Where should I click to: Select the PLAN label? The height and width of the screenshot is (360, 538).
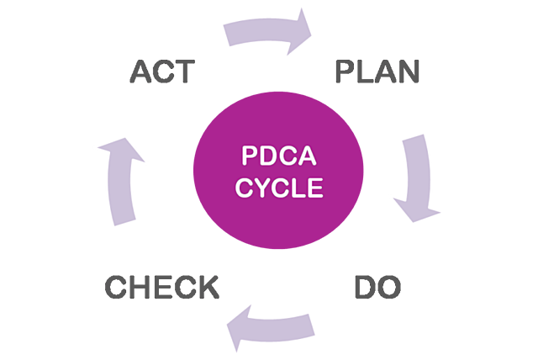click(x=377, y=73)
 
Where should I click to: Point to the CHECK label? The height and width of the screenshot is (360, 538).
click(x=161, y=287)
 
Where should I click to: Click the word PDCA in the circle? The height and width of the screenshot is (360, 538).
click(x=278, y=156)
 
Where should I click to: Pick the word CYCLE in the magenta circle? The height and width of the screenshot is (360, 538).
click(x=278, y=188)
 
